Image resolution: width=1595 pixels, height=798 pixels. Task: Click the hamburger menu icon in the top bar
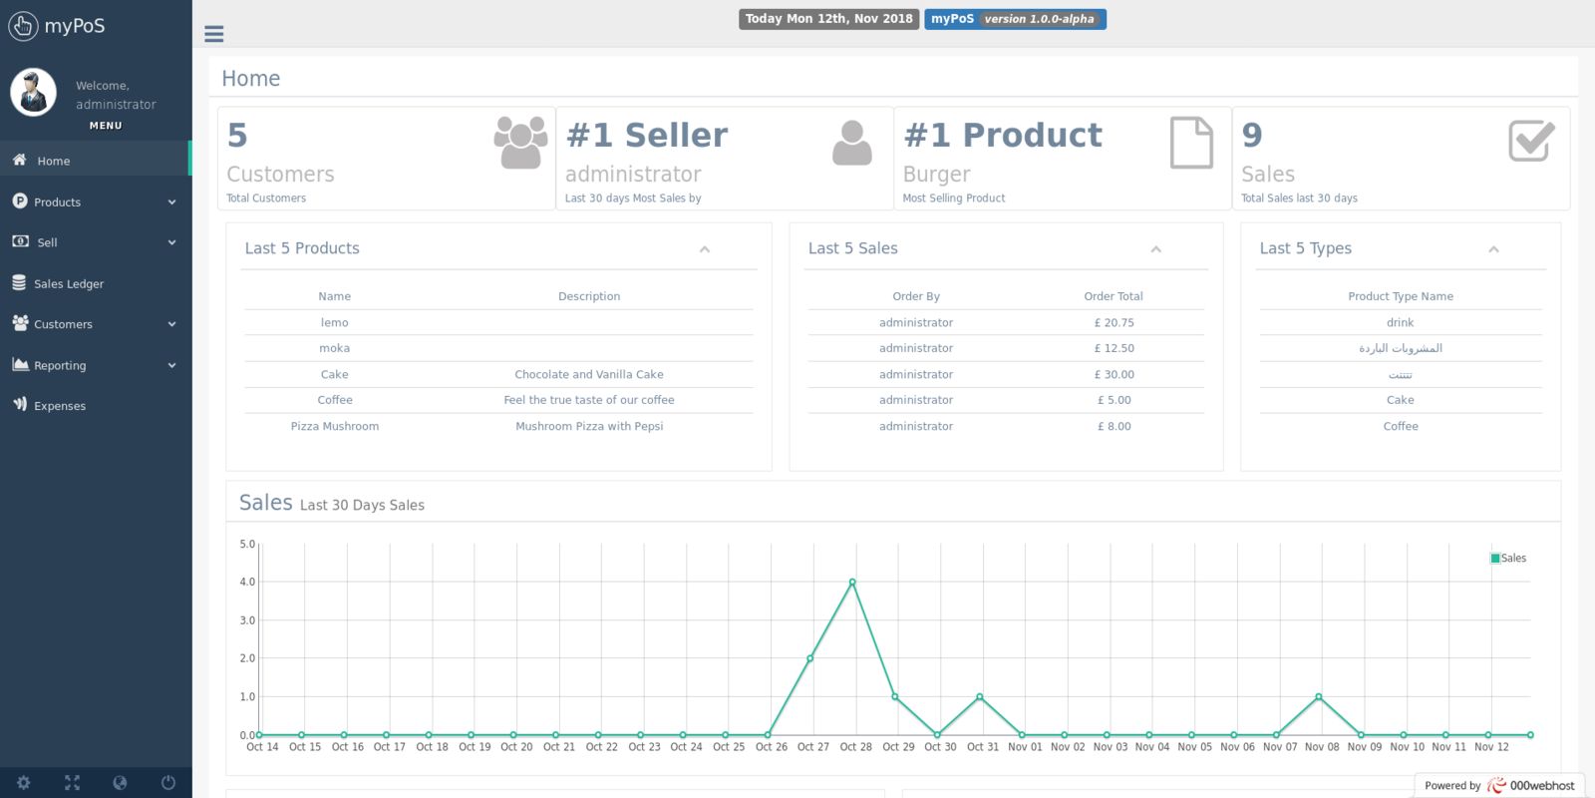click(213, 34)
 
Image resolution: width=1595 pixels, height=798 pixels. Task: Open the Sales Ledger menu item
click(68, 284)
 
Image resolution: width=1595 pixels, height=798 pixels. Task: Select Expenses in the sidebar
click(59, 406)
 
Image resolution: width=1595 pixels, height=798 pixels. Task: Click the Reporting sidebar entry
click(60, 366)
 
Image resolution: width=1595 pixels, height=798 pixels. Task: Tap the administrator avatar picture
click(34, 93)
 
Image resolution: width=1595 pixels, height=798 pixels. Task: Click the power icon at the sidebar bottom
click(168, 783)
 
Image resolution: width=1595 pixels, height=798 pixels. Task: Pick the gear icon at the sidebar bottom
click(24, 783)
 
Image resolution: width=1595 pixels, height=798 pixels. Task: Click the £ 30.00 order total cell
click(1114, 375)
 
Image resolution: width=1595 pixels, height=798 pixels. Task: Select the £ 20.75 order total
click(1114, 323)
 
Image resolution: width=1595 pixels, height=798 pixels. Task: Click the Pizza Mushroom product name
click(335, 427)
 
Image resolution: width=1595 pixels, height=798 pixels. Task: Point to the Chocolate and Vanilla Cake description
click(589, 375)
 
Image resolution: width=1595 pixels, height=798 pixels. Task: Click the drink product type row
click(1400, 323)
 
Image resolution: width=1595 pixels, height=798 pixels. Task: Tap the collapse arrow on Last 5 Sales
click(1156, 249)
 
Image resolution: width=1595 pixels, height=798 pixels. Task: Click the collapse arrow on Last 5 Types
click(1493, 249)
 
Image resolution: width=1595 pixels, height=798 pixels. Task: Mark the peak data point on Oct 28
click(852, 583)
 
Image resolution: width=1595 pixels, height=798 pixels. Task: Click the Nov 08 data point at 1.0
click(1319, 697)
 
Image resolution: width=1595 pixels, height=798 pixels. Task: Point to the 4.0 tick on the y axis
click(247, 583)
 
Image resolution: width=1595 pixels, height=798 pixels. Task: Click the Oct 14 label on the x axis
click(262, 747)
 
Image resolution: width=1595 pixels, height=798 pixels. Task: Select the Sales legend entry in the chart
click(1508, 559)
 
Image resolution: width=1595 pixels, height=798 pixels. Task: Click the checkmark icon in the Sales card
click(1531, 141)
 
